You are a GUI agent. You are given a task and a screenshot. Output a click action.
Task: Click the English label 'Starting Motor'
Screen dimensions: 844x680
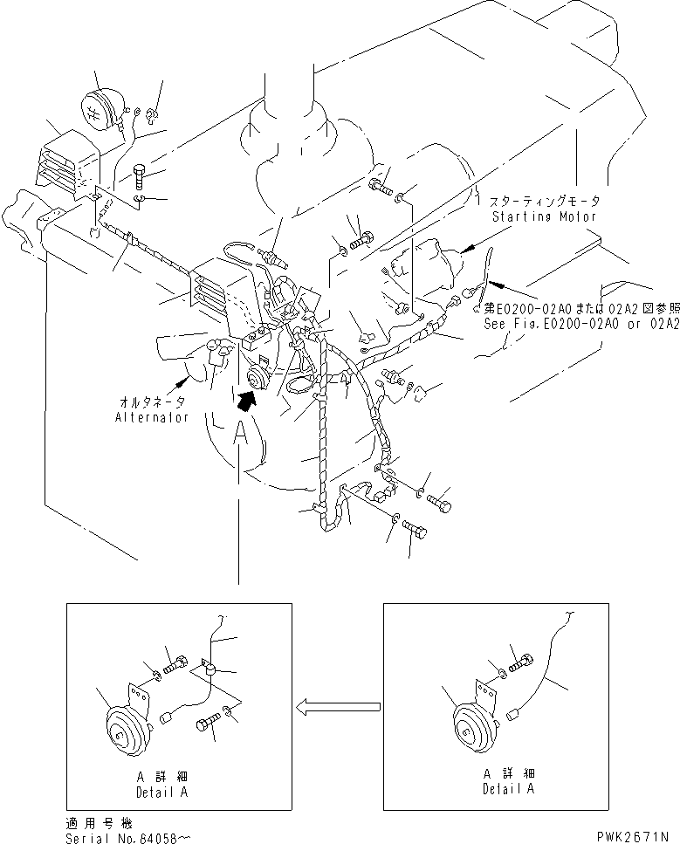click(544, 216)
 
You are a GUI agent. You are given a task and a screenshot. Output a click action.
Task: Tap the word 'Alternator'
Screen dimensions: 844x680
click(152, 417)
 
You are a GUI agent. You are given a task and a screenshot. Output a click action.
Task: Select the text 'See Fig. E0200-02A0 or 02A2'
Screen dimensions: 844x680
click(580, 322)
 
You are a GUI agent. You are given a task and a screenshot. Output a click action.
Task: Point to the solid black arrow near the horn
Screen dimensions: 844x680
click(248, 399)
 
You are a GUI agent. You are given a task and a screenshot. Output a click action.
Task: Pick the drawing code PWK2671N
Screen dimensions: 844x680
click(635, 837)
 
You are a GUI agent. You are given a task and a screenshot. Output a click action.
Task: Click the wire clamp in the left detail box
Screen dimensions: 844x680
click(210, 669)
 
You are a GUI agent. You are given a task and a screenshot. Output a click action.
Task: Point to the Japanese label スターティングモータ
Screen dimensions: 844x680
click(545, 201)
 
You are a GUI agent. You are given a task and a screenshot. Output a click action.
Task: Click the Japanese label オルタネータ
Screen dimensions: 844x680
click(152, 403)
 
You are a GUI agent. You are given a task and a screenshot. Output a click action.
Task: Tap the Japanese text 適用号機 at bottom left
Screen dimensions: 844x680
click(89, 823)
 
